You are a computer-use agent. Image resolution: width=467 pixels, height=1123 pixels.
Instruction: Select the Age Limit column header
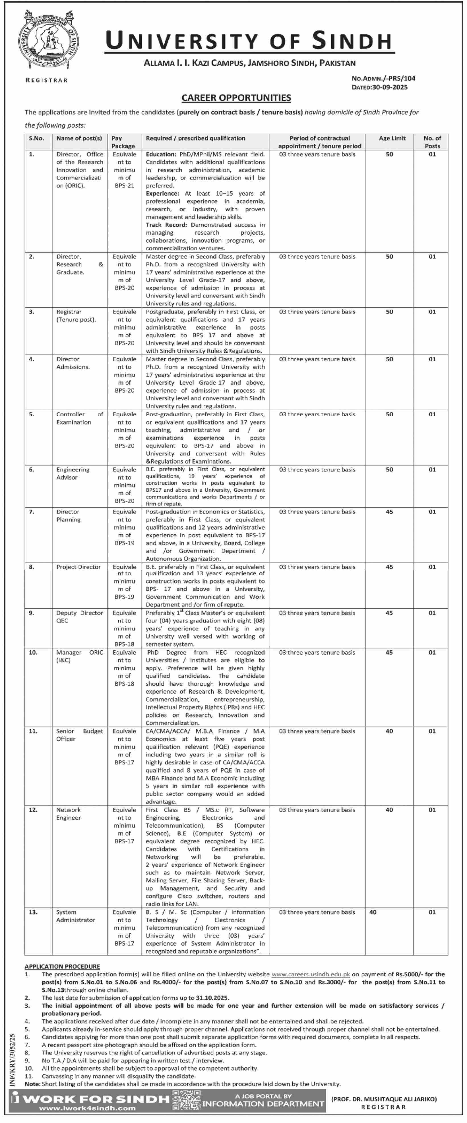[x=392, y=138]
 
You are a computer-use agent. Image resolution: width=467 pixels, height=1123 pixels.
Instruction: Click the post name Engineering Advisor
[x=73, y=473]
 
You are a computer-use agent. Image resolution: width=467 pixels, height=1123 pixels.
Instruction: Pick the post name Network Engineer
[x=69, y=814]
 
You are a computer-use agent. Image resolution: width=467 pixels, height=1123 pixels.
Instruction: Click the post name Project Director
[x=78, y=567]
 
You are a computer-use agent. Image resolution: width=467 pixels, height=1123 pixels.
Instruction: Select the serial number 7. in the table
[x=31, y=512]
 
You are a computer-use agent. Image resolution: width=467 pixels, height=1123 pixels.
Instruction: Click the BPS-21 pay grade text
[x=125, y=186]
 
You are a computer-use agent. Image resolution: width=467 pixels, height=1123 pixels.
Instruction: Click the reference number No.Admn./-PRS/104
[x=383, y=78]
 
